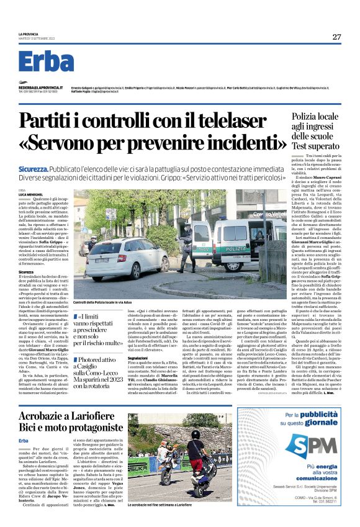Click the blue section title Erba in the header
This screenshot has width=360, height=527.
(x=46, y=62)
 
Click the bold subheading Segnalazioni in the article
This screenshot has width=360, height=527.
(x=137, y=358)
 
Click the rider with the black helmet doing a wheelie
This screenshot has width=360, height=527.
(x=198, y=448)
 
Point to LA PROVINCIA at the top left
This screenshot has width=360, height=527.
(x=29, y=34)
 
